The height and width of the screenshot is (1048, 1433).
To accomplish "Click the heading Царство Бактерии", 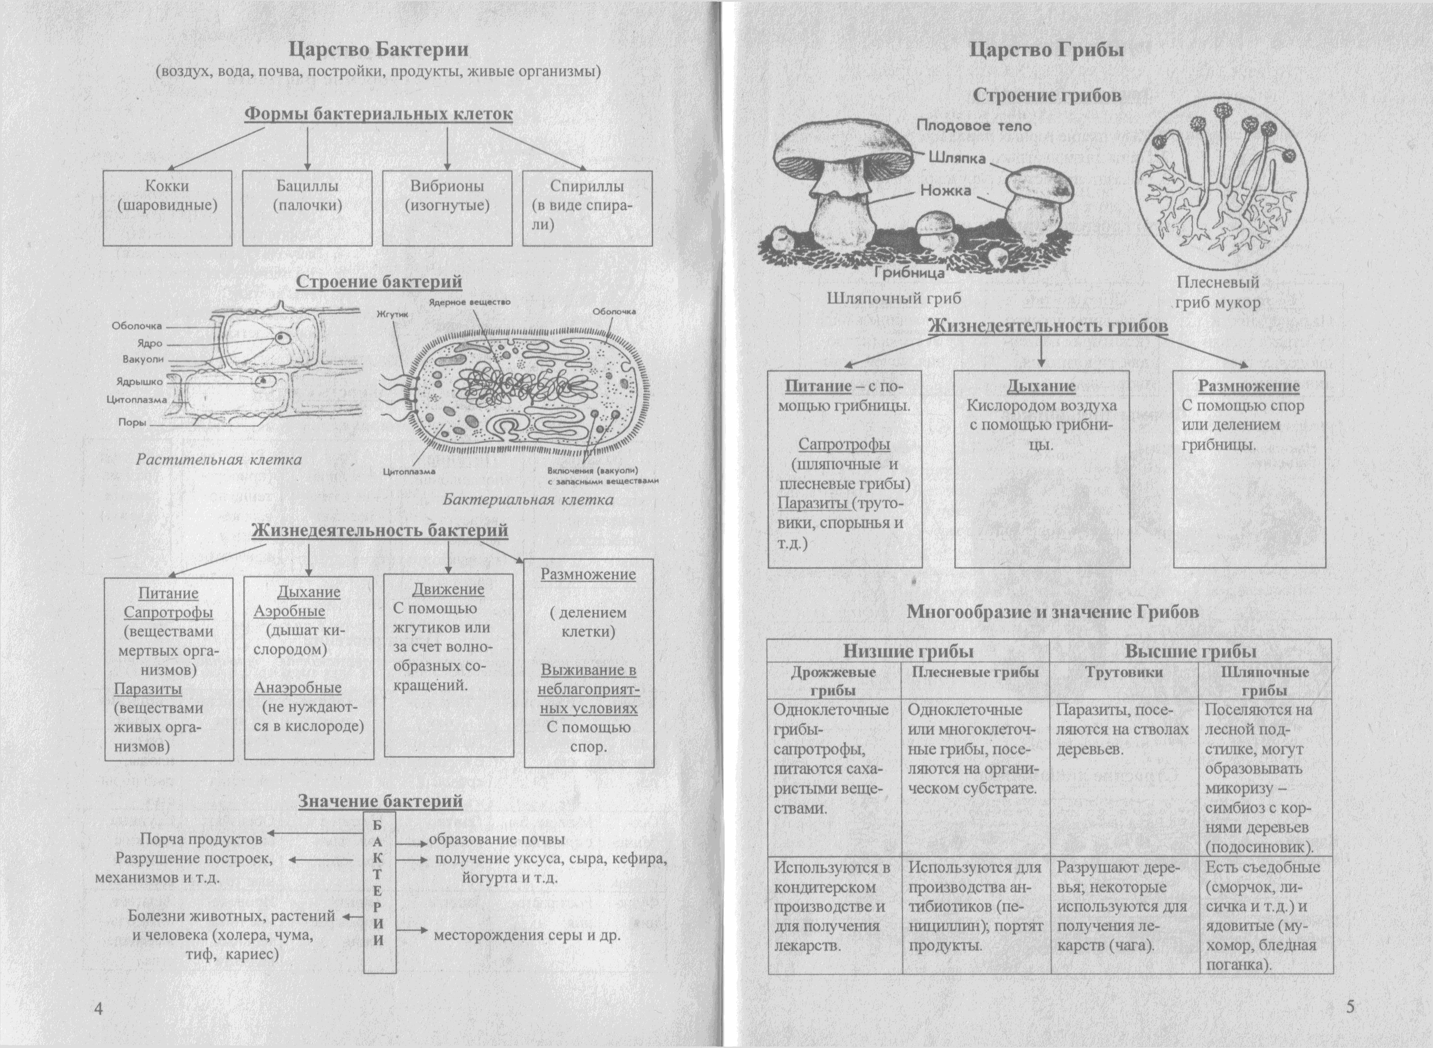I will click(x=378, y=50).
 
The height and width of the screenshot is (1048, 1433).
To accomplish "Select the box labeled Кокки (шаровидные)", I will click(x=168, y=207).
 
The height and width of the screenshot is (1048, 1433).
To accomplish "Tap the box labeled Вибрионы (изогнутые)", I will click(x=447, y=207).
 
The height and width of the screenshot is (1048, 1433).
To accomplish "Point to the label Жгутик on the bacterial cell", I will click(x=393, y=314).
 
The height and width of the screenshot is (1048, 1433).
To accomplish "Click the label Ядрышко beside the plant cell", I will click(x=139, y=382).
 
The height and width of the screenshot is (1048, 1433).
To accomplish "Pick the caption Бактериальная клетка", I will click(x=528, y=500).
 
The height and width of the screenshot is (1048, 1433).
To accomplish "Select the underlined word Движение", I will click(x=448, y=589).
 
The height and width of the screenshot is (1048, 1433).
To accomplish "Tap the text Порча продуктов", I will click(x=201, y=839).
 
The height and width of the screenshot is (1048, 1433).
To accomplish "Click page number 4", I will click(x=98, y=1009).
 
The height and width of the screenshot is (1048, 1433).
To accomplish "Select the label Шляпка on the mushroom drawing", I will click(x=957, y=157).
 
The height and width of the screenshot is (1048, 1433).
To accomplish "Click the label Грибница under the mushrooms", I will click(x=909, y=274).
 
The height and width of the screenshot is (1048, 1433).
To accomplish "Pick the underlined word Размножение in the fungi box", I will click(x=1249, y=386).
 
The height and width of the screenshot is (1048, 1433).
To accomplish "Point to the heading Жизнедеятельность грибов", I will click(x=1048, y=326).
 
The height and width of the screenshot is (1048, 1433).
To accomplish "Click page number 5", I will click(x=1350, y=1007).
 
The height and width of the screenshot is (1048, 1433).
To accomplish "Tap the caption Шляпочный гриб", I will click(x=893, y=298).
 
